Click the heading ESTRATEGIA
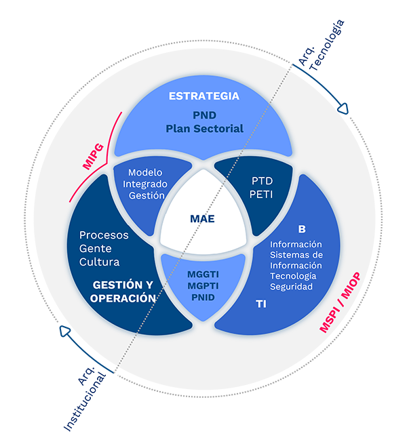point(204,96)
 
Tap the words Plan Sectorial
point(204,128)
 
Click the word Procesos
point(104,236)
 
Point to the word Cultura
point(99,262)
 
